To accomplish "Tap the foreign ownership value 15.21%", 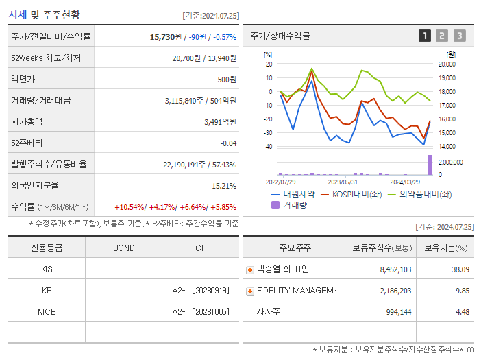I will coord(223,185).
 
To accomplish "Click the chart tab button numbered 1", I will coord(425,36).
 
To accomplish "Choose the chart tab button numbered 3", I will coord(459,36).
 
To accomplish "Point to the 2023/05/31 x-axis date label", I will coord(343,182).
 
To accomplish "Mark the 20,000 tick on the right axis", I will coord(446,64).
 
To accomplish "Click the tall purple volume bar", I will coord(430,165).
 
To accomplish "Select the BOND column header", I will coord(123,248).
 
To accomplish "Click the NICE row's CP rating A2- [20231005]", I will coord(201,311).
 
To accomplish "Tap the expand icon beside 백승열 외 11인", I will coord(250,270).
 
